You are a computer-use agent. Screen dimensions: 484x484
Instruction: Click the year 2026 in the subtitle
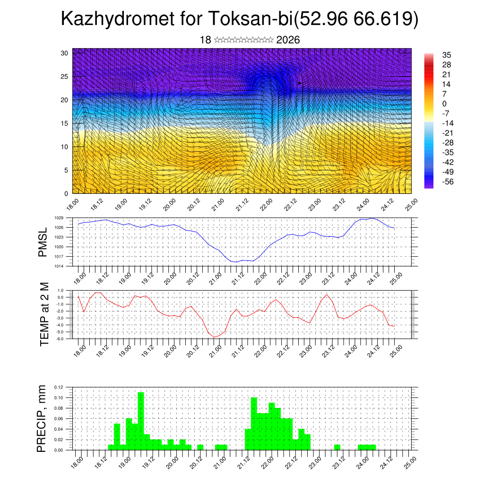288,40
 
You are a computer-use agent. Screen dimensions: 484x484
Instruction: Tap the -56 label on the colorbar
446,181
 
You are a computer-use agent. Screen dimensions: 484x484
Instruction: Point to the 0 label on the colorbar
444,104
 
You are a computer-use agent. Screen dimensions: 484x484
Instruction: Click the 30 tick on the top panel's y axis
64,53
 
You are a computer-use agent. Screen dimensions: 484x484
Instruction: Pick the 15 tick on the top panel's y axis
64,123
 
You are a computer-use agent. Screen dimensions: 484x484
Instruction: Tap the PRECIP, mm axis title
43,419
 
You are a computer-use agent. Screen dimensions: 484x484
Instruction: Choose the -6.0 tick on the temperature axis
60,339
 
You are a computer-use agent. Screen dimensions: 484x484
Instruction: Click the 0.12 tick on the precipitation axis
59,387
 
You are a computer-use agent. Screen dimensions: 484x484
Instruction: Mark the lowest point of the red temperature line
214,337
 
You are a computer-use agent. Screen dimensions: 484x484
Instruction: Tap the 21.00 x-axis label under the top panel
217,204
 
